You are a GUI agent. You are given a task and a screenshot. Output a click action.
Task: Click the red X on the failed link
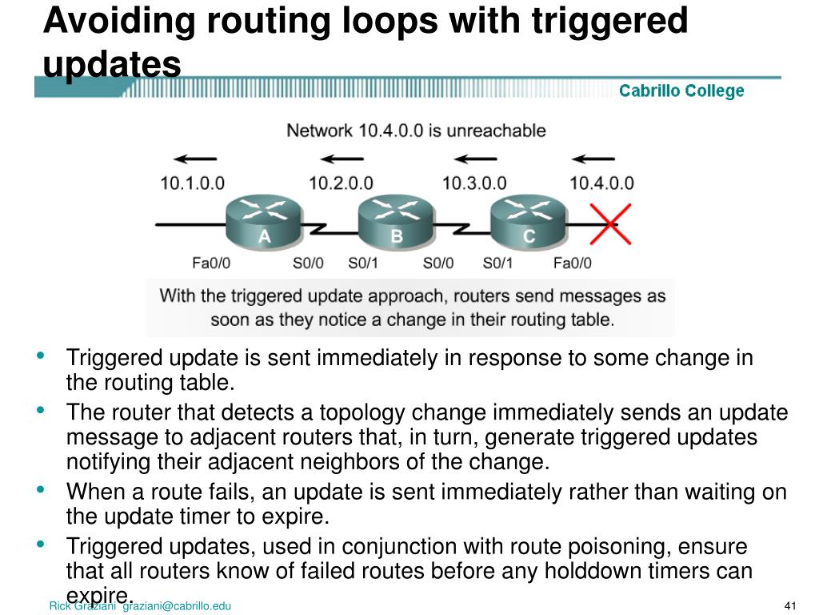pyautogui.click(x=610, y=223)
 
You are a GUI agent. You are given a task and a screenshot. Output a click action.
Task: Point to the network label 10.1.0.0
pyautogui.click(x=192, y=183)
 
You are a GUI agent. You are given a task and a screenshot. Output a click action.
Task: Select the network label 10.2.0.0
pyautogui.click(x=341, y=183)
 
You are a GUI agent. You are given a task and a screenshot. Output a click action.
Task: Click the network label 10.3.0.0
pyautogui.click(x=473, y=183)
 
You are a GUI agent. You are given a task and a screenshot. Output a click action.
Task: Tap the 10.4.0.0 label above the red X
pyautogui.click(x=601, y=183)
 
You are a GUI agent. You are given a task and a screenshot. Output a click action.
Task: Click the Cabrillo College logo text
pyautogui.click(x=681, y=91)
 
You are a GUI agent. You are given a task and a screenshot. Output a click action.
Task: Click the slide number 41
pyautogui.click(x=793, y=605)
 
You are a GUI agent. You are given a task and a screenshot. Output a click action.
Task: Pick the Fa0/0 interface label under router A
pyautogui.click(x=212, y=263)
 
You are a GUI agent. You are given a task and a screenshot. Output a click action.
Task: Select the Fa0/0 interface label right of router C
pyautogui.click(x=573, y=263)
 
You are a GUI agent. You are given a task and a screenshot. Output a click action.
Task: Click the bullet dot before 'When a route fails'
pyautogui.click(x=41, y=489)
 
